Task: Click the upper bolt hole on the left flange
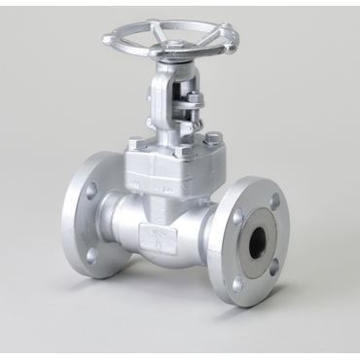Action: (92, 192)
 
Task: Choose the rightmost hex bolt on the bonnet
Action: (211, 139)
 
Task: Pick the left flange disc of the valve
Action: (83, 224)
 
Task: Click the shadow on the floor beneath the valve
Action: (175, 292)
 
